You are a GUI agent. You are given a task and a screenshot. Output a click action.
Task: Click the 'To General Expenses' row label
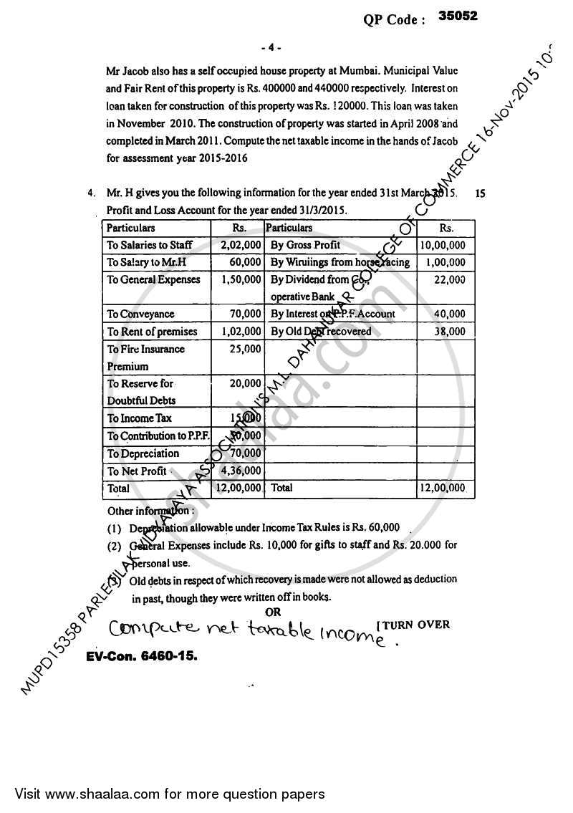point(153,279)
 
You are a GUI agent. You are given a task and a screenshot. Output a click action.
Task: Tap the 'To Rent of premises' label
point(152,332)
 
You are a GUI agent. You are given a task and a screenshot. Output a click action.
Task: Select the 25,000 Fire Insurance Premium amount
point(245,349)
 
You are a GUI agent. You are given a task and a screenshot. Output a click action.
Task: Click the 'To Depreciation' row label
point(143,453)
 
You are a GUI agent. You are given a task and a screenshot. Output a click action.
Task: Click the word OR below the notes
point(273,612)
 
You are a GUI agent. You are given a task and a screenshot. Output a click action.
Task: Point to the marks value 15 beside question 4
point(480,193)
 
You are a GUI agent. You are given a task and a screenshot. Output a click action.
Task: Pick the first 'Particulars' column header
point(131,228)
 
